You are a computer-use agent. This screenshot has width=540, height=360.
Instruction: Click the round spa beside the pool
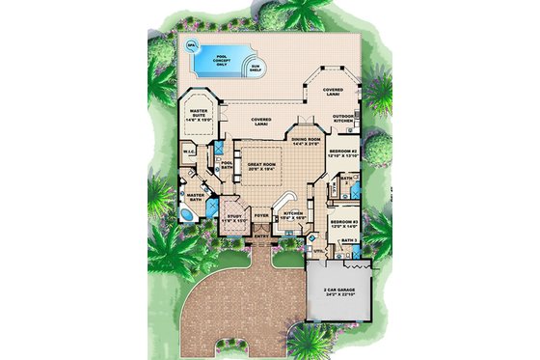[x=192, y=45]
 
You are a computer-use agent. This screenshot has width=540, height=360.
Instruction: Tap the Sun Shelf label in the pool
[x=255, y=69]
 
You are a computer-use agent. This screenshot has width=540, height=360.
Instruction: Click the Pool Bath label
[x=228, y=166]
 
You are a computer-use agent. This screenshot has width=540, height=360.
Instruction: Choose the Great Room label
[x=261, y=166]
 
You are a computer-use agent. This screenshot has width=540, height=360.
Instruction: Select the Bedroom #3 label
[x=342, y=224]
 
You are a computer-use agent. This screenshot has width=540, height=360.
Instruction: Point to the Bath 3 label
[x=350, y=239]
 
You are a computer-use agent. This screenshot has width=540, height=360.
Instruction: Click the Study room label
[x=236, y=219]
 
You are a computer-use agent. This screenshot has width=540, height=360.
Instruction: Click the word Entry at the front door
[x=262, y=236]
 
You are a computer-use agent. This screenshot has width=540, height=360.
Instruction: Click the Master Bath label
[x=196, y=197]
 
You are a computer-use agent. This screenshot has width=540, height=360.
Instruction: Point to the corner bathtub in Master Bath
[x=187, y=213]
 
